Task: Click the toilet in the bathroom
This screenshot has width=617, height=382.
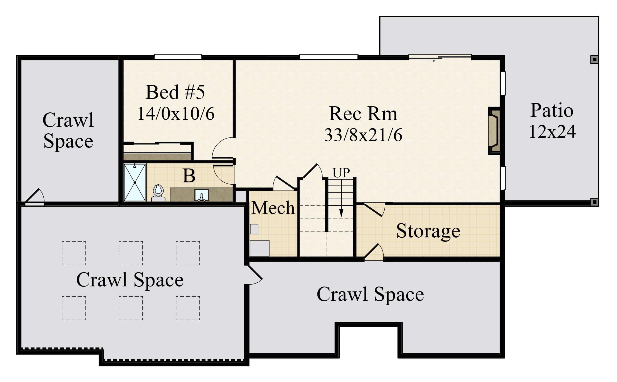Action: pyautogui.click(x=158, y=193)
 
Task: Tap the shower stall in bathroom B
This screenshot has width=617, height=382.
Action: pyautogui.click(x=135, y=182)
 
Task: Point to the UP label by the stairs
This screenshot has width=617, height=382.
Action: pyautogui.click(x=341, y=173)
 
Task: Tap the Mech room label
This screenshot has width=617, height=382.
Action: pyautogui.click(x=273, y=208)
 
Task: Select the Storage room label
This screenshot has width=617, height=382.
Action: pyautogui.click(x=428, y=231)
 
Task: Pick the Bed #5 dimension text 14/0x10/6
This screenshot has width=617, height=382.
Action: pyautogui.click(x=176, y=113)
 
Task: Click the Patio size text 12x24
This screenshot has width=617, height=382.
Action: pyautogui.click(x=552, y=131)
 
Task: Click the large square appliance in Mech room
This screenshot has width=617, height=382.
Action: pyautogui.click(x=260, y=248)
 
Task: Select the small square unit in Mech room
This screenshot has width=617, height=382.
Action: pyautogui.click(x=254, y=229)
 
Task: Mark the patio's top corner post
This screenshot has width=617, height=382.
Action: pyautogui.click(x=595, y=60)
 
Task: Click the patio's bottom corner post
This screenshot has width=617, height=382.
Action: pyautogui.click(x=595, y=202)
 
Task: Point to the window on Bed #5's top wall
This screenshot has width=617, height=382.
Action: pyautogui.click(x=178, y=57)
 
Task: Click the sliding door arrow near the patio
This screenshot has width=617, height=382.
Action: pyautogui.click(x=430, y=61)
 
